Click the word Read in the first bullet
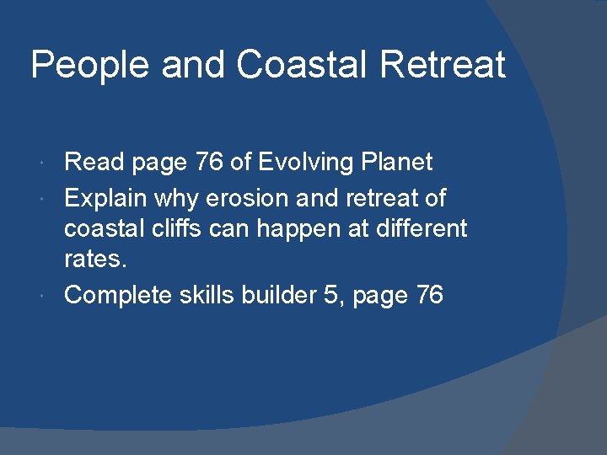[93, 162]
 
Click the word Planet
[398, 162]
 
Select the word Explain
[105, 199]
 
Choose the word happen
[304, 229]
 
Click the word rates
[95, 259]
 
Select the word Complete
[117, 295]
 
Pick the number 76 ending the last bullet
[429, 295]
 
